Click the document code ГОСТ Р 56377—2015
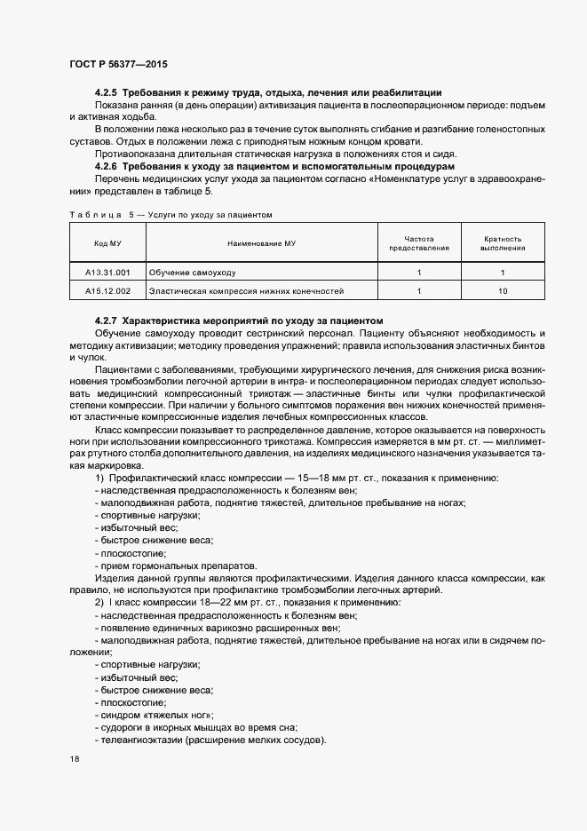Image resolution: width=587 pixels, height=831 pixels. (117, 65)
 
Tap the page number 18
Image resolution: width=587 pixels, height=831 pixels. (74, 760)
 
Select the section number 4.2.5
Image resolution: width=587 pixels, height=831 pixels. (106, 93)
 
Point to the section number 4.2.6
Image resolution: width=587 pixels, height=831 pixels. (106, 166)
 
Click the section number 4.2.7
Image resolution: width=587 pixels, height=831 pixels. (106, 320)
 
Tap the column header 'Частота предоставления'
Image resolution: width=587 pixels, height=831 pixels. (418, 243)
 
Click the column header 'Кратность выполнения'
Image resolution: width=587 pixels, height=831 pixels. (503, 243)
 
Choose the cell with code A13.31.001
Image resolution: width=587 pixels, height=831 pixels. (108, 272)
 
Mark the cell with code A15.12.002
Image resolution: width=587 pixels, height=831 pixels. (108, 290)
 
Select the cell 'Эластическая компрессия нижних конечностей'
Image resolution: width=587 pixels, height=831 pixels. (245, 290)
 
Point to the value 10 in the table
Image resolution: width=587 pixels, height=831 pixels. (503, 290)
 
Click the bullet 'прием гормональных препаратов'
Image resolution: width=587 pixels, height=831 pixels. (178, 566)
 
